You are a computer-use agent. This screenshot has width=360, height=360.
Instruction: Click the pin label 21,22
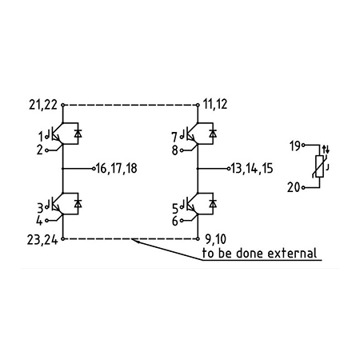tap(43, 104)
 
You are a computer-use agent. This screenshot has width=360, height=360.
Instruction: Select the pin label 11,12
tap(215, 104)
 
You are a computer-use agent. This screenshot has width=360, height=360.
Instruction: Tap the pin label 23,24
tap(42, 240)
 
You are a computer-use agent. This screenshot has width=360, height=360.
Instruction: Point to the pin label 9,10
tap(216, 239)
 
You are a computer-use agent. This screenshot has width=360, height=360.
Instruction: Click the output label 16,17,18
tap(117, 169)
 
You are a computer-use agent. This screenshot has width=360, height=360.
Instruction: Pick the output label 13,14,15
tap(252, 169)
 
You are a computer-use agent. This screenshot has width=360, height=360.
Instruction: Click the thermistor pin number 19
tap(295, 146)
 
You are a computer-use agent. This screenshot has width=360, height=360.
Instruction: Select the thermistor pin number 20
tap(294, 187)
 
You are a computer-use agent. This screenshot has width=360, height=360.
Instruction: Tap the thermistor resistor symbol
tap(319, 166)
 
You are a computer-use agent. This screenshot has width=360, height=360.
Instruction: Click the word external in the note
tap(292, 253)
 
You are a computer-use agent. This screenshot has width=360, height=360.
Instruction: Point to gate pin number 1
tap(41, 138)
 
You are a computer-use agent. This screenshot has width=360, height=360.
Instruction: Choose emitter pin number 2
tap(39, 150)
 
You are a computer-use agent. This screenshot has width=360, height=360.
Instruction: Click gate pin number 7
tap(174, 138)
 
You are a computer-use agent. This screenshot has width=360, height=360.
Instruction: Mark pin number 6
tap(174, 221)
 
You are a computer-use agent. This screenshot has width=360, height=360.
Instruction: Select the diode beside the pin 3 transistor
tap(78, 204)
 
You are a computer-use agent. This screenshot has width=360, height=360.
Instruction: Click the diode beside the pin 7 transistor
tap(213, 134)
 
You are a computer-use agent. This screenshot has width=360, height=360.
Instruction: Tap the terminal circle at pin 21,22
tap(63, 105)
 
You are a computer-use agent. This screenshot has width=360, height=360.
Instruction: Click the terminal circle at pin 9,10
tap(198, 239)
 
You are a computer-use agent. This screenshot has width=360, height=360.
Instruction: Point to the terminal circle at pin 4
tap(47, 221)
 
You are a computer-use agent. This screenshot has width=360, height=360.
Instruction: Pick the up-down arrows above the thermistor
tap(326, 150)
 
